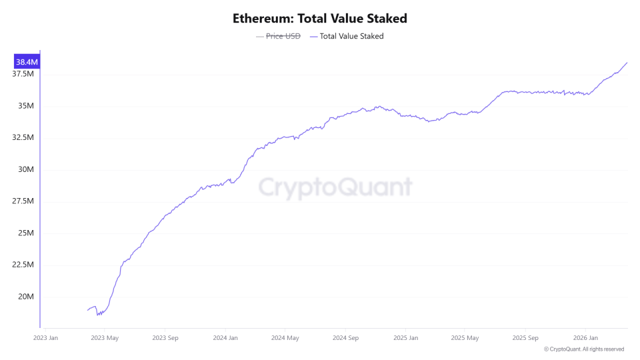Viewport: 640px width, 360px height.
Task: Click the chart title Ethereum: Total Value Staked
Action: click(319, 18)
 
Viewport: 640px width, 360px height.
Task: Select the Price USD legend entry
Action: click(283, 36)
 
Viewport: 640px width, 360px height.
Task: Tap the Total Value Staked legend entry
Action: click(351, 36)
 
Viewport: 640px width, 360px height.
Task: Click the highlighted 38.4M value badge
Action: click(27, 62)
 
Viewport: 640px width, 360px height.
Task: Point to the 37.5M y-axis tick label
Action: click(23, 74)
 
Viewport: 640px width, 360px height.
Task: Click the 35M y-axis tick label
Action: click(26, 106)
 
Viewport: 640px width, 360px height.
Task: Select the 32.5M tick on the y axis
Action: click(23, 137)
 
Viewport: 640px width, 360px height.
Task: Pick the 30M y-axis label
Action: click(26, 169)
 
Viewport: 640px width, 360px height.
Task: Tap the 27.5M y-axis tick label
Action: click(23, 201)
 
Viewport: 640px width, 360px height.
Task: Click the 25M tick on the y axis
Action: click(26, 233)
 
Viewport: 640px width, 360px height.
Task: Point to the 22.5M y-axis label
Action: click(23, 265)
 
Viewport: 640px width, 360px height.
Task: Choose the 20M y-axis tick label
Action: click(26, 297)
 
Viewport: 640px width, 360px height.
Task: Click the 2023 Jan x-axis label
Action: click(45, 338)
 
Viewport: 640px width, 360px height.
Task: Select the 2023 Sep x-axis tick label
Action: click(164, 338)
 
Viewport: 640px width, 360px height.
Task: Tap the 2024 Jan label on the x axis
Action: click(225, 338)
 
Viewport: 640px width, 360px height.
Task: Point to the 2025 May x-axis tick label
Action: click(464, 338)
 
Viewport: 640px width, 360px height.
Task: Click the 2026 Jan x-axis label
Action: click(584, 338)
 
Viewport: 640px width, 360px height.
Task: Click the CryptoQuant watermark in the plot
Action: click(335, 187)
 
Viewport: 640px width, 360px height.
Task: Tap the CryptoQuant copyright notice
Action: click(584, 349)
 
